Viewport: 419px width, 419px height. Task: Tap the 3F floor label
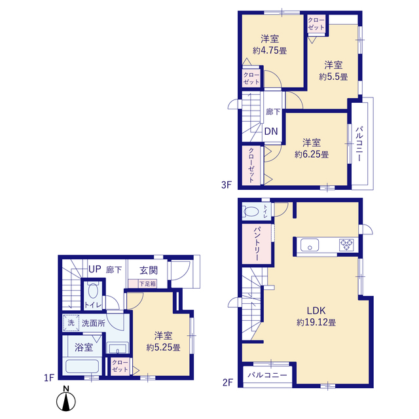click(226, 185)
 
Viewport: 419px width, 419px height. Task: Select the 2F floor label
click(226, 380)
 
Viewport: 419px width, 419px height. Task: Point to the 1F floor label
click(48, 378)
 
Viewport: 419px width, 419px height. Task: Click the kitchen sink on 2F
click(309, 246)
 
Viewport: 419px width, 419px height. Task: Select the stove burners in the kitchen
click(346, 246)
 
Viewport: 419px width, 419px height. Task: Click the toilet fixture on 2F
click(251, 211)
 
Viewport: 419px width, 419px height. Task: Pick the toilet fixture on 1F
click(92, 292)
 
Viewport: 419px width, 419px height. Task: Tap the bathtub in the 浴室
click(82, 367)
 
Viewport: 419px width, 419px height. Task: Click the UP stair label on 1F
click(95, 269)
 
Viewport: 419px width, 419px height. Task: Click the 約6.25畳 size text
click(312, 155)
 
